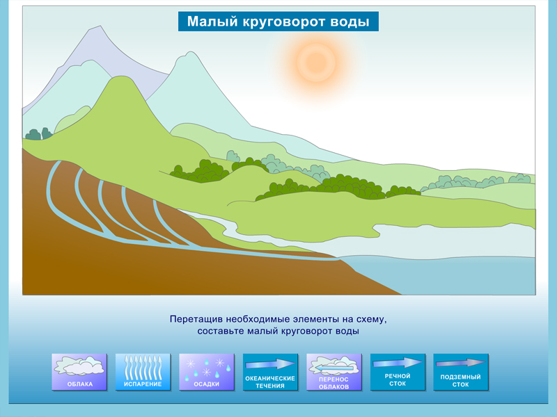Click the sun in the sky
[x=316, y=62]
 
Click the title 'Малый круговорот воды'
[x=278, y=22]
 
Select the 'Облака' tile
[x=79, y=372]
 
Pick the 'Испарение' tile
[x=143, y=372]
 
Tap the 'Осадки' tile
[x=206, y=372]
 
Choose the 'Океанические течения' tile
[x=270, y=372]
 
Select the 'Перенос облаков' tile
[x=334, y=372]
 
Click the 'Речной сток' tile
[x=398, y=372]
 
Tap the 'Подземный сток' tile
[x=461, y=372]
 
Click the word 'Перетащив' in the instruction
[x=196, y=319]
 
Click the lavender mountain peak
[x=100, y=26]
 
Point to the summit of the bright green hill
[x=122, y=76]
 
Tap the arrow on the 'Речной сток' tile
[x=398, y=363]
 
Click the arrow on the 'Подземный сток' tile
[x=461, y=363]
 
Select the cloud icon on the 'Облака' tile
[x=79, y=366]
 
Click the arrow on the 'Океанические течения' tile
[x=270, y=364]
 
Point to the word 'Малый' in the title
[x=212, y=22]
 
